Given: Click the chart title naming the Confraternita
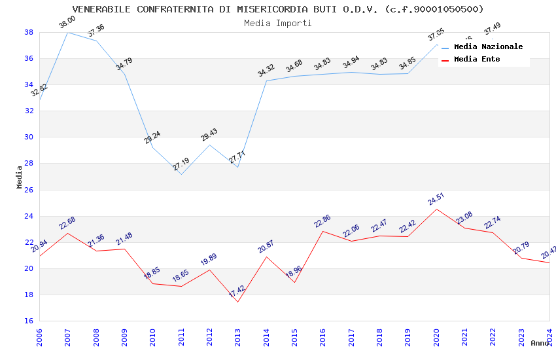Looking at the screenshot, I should tap(278, 9).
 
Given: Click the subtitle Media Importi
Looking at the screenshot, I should tap(278, 23).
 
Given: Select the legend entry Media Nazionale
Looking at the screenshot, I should tap(488, 47).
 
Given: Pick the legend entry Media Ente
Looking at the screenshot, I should tap(477, 60).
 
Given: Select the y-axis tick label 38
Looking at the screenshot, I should tap(29, 32).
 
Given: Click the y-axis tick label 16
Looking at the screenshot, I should tap(29, 321).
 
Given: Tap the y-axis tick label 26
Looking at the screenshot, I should tap(29, 190).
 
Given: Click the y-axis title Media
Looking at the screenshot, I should tap(20, 177).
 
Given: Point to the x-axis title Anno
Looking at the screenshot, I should tap(540, 343).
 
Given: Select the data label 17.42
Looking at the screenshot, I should tap(237, 292).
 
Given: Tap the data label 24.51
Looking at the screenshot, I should tap(436, 199).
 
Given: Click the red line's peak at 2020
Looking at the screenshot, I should tap(436, 209).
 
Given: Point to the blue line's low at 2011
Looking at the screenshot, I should tap(181, 174).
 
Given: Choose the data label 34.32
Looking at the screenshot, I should tap(266, 71).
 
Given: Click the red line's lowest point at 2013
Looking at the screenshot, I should tap(237, 302).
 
